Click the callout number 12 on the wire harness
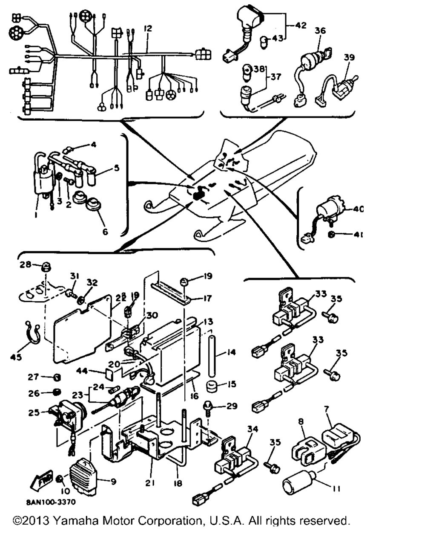(148, 29)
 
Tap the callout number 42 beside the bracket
(301, 25)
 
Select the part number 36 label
(320, 30)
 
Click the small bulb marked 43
(264, 42)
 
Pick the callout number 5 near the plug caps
(117, 168)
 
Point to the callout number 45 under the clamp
(16, 357)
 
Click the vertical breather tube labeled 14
(212, 356)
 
